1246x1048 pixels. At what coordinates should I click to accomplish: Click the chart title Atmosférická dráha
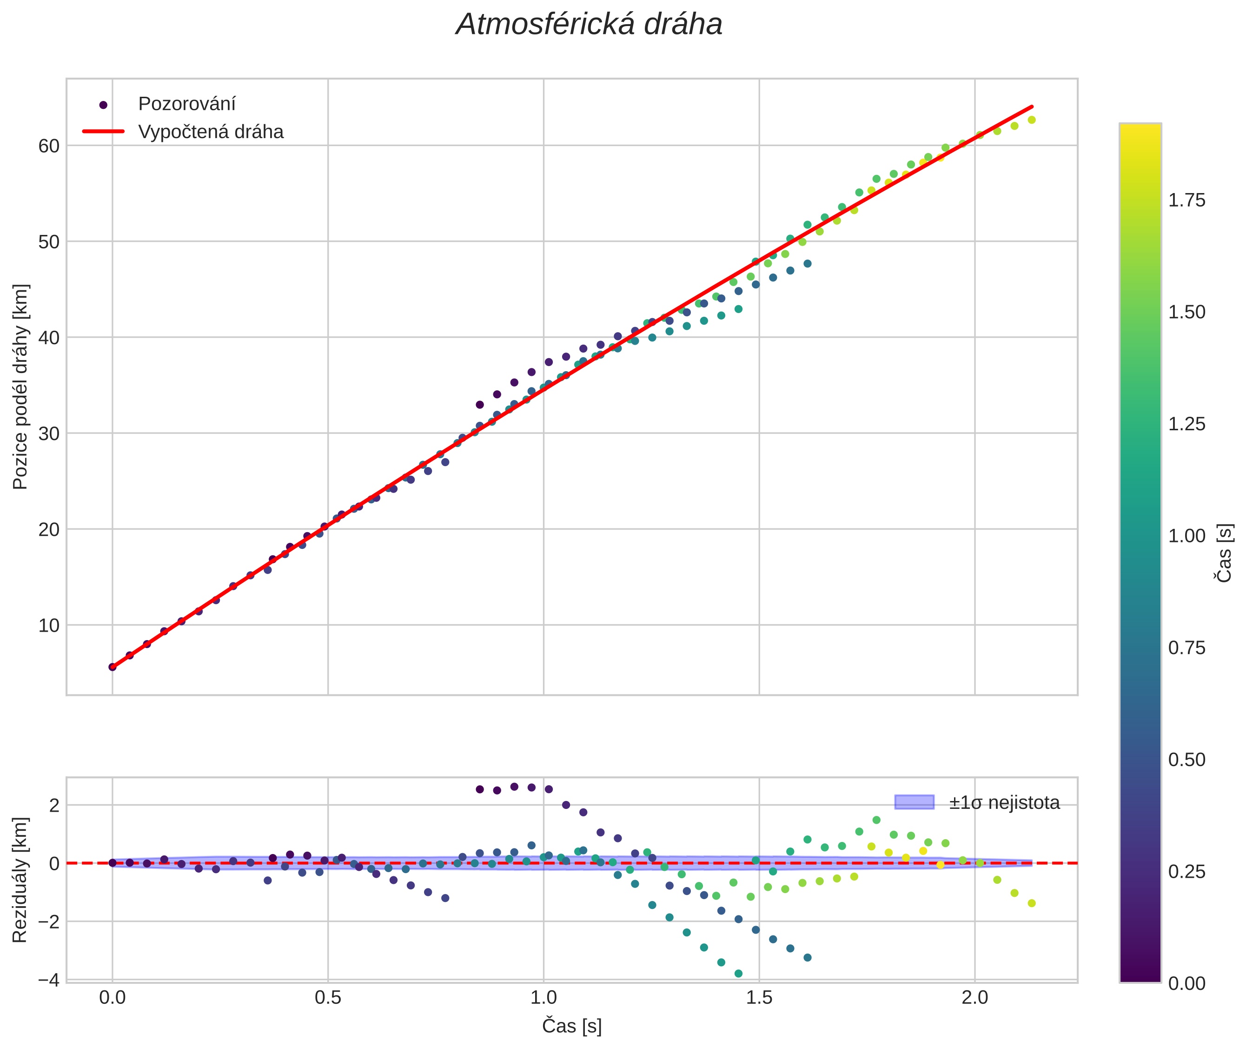589,25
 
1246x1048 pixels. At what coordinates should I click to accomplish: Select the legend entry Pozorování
186,104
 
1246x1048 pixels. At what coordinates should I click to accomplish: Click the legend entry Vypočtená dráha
211,132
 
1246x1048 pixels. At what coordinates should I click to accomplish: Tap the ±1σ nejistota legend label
1004,803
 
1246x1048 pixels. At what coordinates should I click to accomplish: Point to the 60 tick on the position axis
49,146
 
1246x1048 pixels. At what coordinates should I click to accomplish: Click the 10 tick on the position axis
49,626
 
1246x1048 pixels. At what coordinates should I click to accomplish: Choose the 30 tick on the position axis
49,434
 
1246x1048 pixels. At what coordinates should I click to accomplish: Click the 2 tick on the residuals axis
54,806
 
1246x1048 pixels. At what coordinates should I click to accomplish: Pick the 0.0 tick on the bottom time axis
112,997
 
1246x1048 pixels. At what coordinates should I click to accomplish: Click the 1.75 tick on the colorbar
1186,200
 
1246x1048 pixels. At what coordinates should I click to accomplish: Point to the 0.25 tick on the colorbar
1186,872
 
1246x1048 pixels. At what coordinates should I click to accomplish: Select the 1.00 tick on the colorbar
1186,536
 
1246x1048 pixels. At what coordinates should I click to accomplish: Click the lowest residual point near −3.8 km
738,973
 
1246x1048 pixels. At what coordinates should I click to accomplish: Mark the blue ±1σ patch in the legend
914,802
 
